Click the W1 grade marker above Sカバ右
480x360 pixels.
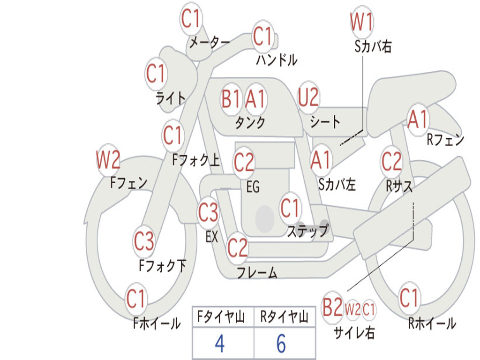(362, 22)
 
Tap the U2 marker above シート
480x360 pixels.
(308, 97)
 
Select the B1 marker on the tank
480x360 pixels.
(232, 99)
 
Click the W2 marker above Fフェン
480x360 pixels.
(108, 160)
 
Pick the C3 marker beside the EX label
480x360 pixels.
(208, 212)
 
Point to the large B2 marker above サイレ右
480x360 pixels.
(332, 307)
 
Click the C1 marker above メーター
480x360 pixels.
(190, 18)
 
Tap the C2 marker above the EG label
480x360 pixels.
(244, 162)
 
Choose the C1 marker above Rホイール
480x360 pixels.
(409, 298)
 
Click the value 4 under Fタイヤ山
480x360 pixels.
(220, 344)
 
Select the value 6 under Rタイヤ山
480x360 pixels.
(281, 344)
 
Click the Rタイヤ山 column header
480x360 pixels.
(284, 317)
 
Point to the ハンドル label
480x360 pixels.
(277, 60)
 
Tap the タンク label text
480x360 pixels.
(250, 122)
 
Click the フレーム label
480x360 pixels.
(257, 272)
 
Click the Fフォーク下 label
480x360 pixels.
(162, 265)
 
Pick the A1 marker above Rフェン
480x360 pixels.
(418, 119)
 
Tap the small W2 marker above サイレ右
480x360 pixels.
(352, 309)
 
